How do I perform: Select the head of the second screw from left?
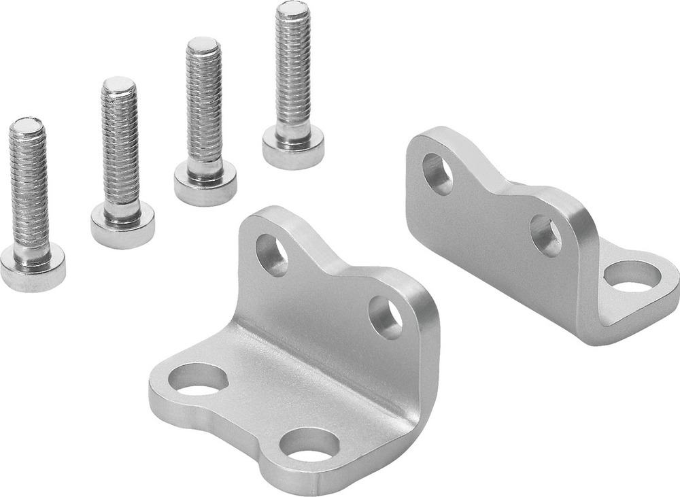coord(122,224)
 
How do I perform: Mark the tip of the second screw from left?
coord(119,84)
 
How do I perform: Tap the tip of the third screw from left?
coord(203,45)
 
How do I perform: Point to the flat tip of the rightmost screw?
coord(292,8)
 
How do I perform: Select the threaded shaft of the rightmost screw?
coord(293,68)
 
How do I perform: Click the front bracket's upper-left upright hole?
coord(272,255)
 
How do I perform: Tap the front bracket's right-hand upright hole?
coord(386,318)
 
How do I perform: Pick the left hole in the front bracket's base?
coord(198,379)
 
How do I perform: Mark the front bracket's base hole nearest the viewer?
coord(309,446)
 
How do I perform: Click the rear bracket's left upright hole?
coord(437,173)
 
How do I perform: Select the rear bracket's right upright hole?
coord(545,235)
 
